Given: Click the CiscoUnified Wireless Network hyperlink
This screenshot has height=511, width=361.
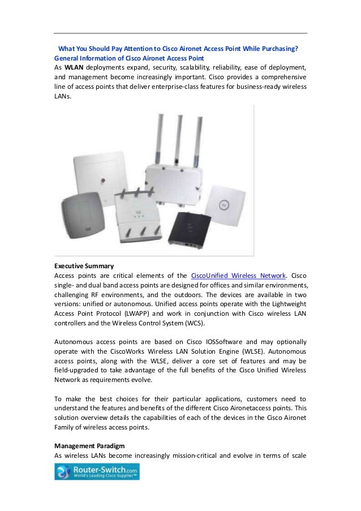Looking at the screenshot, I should coord(238,276).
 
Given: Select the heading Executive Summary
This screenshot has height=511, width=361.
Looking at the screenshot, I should coord(84,265).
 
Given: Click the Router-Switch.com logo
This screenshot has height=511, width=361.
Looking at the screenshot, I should coord(97,471).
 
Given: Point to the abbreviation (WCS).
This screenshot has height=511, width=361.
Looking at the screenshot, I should coord(190,324).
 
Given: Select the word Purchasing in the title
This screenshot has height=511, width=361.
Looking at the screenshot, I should coord(278,49).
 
